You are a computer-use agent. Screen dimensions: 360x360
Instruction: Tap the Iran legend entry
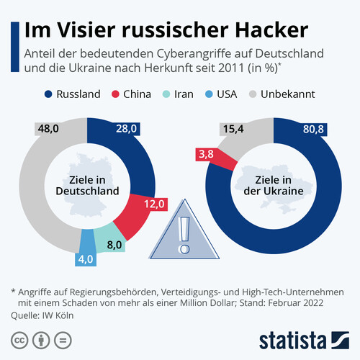point(184,94)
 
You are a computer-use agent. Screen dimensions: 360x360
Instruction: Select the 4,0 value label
point(86,259)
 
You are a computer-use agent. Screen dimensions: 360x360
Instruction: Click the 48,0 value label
point(48,129)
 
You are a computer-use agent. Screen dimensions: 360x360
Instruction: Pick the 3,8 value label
point(206,153)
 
